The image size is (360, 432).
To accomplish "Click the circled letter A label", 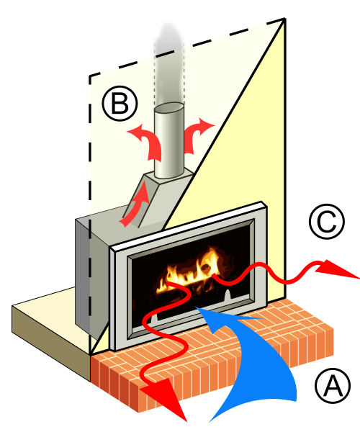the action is pyautogui.click(x=333, y=385).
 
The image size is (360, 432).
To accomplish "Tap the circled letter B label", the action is pyautogui.click(x=120, y=104).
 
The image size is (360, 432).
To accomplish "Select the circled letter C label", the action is pyautogui.click(x=327, y=222).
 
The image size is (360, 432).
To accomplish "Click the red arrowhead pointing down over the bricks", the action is pyautogui.click(x=166, y=397).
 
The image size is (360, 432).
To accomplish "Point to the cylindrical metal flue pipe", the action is pyautogui.click(x=169, y=140).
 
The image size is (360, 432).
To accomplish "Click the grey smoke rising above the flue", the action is pyautogui.click(x=169, y=63).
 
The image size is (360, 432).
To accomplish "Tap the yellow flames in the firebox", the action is pyautogui.click(x=190, y=271).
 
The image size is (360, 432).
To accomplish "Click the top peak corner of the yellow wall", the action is pyautogui.click(x=285, y=19).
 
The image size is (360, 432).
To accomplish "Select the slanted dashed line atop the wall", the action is pyautogui.click(x=186, y=47).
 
